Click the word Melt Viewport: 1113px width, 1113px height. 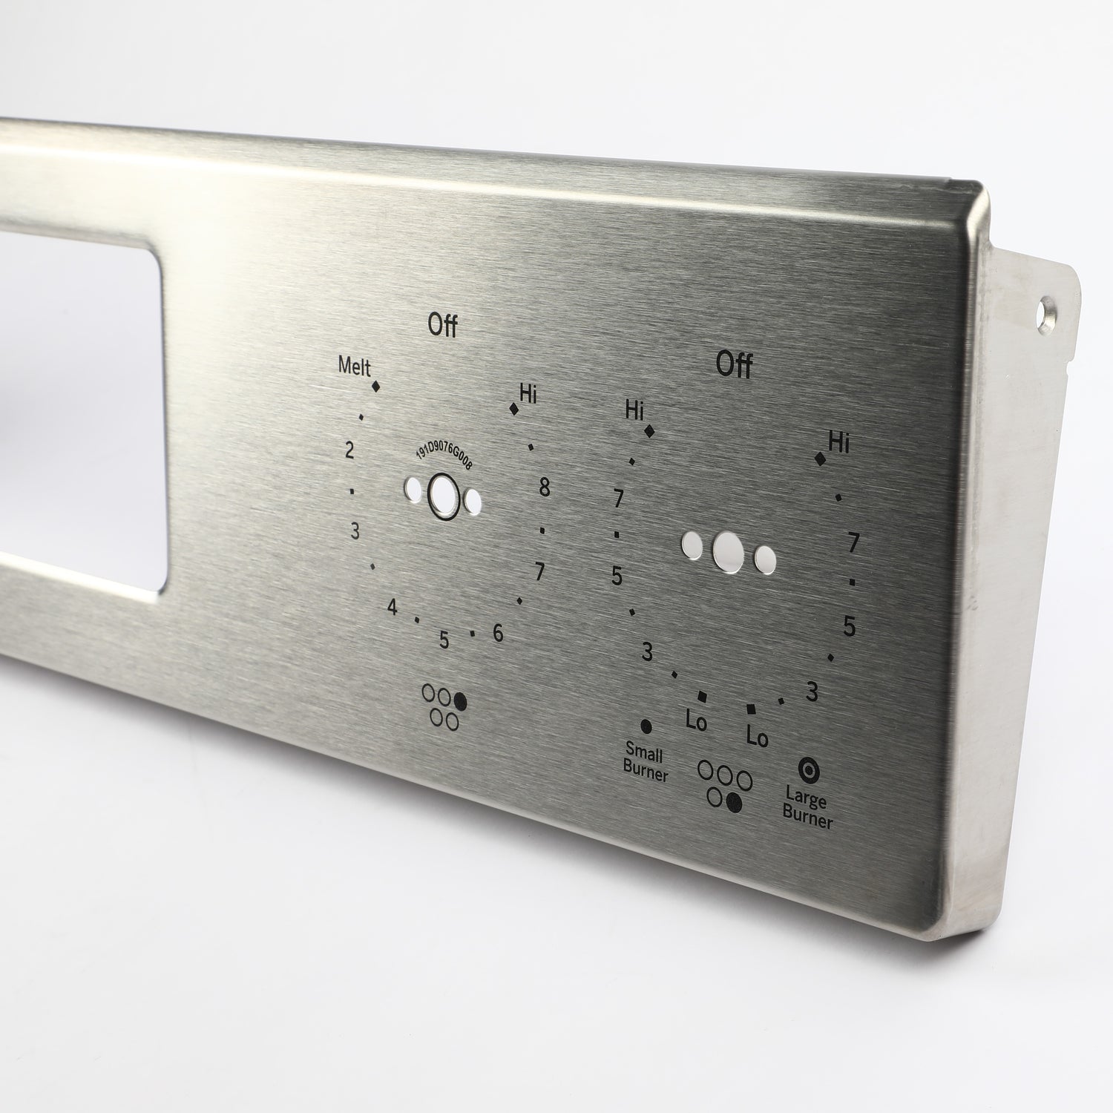pos(354,366)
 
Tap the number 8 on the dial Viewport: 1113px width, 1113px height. pos(545,487)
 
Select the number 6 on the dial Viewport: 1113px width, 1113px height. pos(498,633)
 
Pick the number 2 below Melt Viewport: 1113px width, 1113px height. pos(350,450)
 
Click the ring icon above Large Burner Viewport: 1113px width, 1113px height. pos(808,769)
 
